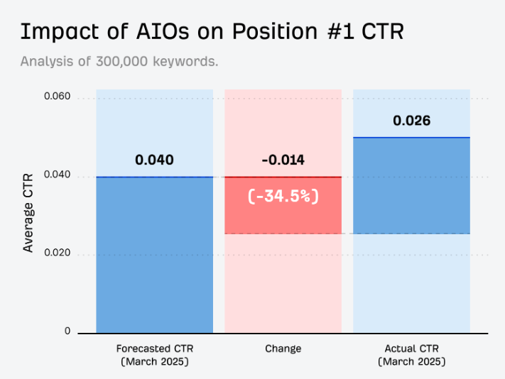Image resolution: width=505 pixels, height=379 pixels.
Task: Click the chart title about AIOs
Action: pos(212,32)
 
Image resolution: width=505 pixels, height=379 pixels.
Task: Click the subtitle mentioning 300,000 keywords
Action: pos(119,61)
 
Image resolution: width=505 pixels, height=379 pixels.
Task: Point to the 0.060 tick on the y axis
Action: pos(57,96)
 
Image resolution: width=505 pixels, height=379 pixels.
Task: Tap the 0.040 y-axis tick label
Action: pos(57,175)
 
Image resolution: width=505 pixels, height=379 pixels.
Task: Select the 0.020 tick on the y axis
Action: pos(57,253)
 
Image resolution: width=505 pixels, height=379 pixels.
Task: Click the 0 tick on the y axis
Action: pos(67,331)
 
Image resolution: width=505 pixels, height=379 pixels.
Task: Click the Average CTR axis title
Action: pos(28,213)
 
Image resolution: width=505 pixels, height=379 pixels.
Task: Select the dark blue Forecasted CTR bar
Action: pos(155,255)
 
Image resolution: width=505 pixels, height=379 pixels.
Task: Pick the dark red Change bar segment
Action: pos(283,205)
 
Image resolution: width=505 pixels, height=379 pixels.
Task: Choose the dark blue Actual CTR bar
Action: pos(412,185)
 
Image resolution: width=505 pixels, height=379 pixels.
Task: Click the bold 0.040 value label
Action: pos(154,160)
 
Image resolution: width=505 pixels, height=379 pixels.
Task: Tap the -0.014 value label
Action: pos(283,160)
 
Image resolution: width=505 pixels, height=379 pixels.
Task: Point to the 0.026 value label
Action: pos(412,121)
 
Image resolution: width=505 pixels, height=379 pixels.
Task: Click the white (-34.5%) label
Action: pos(283,196)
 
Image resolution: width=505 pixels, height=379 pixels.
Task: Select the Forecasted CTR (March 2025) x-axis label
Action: pos(155,355)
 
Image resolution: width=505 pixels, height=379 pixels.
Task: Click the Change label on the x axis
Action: pos(283,348)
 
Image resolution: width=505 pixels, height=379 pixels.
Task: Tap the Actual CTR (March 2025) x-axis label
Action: pos(412,355)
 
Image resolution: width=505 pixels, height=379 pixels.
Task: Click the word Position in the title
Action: pos(275,32)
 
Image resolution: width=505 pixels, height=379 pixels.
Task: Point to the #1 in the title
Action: pos(341,32)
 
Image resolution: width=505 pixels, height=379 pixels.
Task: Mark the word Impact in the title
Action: pos(60,32)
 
